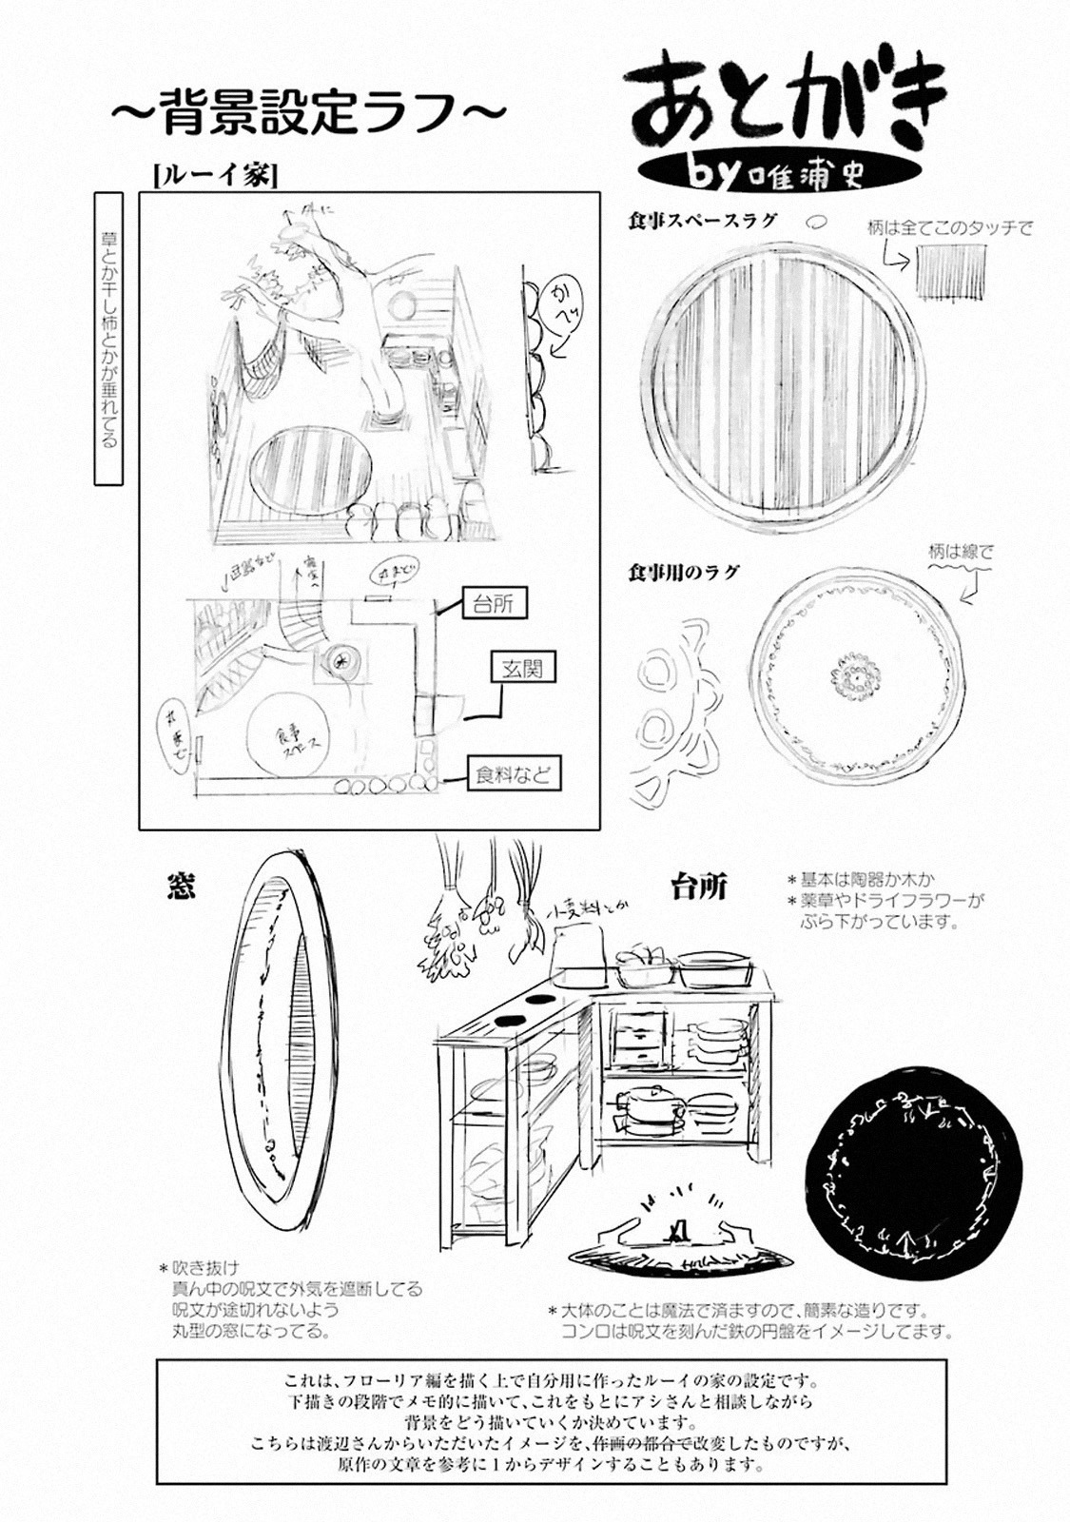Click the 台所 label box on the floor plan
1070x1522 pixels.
click(x=494, y=604)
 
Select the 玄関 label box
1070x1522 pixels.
click(x=522, y=669)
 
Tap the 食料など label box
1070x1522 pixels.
click(x=514, y=774)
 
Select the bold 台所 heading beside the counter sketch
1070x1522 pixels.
click(x=699, y=888)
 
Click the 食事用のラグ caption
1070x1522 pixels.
click(x=683, y=573)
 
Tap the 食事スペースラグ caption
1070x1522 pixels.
click(x=702, y=220)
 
